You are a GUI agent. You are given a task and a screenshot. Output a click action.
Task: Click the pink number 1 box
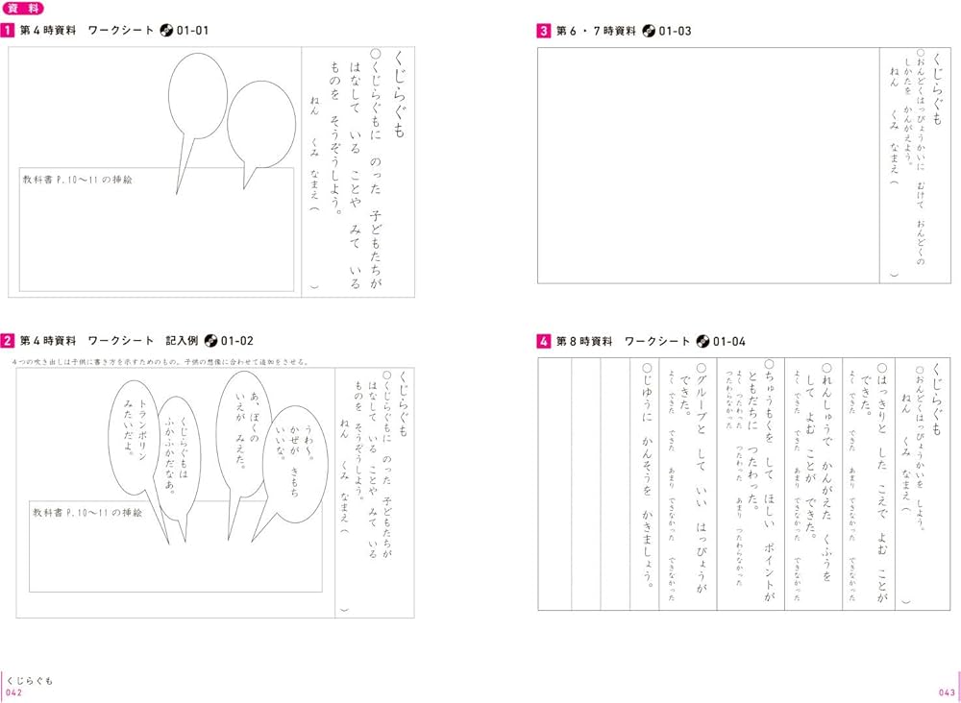pyautogui.click(x=7, y=31)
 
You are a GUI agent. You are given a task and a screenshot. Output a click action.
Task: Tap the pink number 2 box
pyautogui.click(x=7, y=340)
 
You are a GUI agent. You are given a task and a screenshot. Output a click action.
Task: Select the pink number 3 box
pyautogui.click(x=543, y=31)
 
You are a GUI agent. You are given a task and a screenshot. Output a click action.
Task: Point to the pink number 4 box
pyautogui.click(x=543, y=341)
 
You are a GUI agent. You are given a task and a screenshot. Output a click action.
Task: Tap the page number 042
pyautogui.click(x=13, y=692)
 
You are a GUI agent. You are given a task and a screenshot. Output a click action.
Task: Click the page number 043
pyautogui.click(x=946, y=692)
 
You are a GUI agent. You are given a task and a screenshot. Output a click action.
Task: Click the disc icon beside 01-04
pyautogui.click(x=702, y=341)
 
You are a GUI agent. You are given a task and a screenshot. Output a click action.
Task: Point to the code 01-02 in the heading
pyautogui.click(x=237, y=340)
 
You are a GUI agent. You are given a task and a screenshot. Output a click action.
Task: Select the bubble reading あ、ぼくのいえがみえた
pyautogui.click(x=235, y=432)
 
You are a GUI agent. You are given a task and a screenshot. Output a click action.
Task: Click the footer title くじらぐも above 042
pyautogui.click(x=30, y=680)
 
